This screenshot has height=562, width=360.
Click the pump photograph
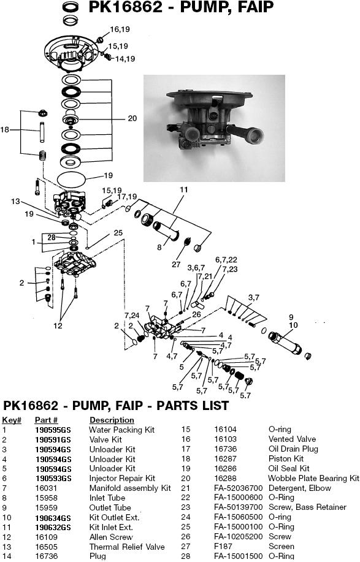[x=214, y=127]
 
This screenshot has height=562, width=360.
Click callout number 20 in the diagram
[x=132, y=118]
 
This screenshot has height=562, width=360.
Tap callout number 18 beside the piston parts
[x=6, y=130]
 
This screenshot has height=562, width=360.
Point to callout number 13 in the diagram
[x=16, y=201]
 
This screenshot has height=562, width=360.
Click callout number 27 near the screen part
[x=175, y=265]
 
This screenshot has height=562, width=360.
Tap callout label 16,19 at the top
[x=120, y=29]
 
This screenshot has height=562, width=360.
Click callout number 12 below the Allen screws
[x=58, y=325]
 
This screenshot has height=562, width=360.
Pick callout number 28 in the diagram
[x=52, y=237]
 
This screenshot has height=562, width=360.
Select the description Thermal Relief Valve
[x=118, y=546]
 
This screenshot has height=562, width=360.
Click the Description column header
[x=112, y=420]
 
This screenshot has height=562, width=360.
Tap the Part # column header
[x=46, y=420]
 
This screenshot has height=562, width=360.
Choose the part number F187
[x=221, y=546]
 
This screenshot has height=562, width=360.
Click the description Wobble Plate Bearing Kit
[x=313, y=478]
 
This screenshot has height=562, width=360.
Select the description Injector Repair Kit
[x=122, y=478]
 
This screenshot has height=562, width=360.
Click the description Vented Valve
[x=292, y=439]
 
